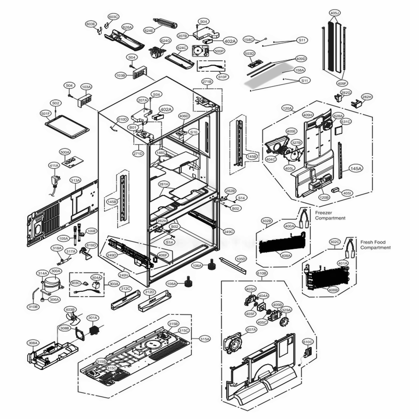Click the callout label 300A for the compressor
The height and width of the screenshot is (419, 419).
56,271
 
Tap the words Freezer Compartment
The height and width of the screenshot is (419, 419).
330,216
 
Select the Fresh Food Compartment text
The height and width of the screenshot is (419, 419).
375,245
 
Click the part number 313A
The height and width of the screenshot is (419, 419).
75,180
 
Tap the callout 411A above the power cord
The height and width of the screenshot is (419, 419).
54,166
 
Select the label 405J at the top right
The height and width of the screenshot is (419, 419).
334,13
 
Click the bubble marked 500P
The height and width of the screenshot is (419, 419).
219,51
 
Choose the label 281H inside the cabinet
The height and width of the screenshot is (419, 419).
163,184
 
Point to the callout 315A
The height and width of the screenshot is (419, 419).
205,339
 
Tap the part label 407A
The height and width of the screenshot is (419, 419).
251,330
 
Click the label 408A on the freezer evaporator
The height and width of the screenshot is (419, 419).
286,255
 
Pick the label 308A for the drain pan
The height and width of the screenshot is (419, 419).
33,343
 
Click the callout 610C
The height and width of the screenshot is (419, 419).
308,341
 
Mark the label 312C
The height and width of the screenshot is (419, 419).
126,289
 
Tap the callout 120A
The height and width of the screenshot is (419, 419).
287,108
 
